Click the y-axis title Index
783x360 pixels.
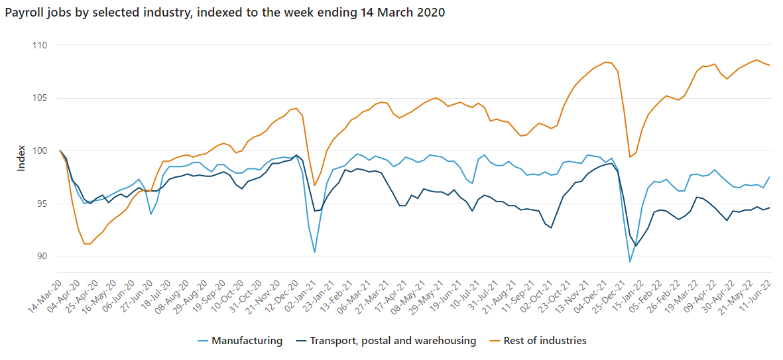tap(21, 158)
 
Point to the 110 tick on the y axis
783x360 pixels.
tap(42, 45)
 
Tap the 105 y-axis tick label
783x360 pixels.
tap(42, 98)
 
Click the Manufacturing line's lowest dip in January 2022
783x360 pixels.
tap(630, 262)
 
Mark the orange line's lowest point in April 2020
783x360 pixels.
tap(85, 244)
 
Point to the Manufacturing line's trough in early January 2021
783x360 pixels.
tap(314, 252)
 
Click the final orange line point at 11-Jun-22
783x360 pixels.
tap(769, 65)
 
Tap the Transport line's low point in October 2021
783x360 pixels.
tap(551, 228)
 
